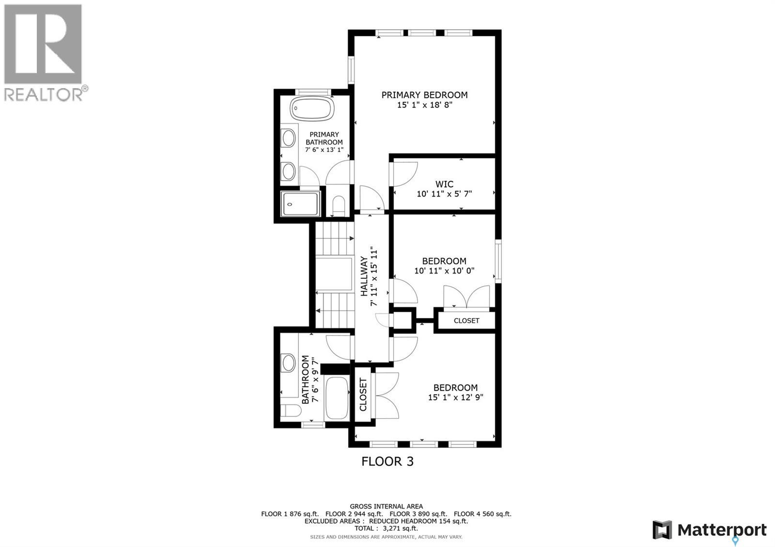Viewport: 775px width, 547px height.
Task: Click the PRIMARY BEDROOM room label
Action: coord(424,95)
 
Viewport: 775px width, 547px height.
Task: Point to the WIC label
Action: coord(444,184)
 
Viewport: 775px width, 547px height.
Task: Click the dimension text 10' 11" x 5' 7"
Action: coord(444,194)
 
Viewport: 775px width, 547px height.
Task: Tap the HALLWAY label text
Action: coord(364,276)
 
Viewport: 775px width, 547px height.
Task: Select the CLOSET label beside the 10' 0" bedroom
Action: coord(466,320)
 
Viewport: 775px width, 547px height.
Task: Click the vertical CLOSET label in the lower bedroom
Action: coord(363,395)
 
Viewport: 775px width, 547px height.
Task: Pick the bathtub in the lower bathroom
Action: coord(337,398)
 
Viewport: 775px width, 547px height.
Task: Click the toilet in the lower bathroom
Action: coord(292,410)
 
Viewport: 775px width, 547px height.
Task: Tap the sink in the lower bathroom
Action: coord(289,363)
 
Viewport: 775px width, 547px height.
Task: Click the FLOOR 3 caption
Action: coord(387,461)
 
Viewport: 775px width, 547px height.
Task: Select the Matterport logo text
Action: coord(722,530)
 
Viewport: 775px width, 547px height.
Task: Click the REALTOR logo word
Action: coord(44,94)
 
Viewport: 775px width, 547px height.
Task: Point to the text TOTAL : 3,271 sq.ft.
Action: coord(386,529)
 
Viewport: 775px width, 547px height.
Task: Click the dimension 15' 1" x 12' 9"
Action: coord(455,397)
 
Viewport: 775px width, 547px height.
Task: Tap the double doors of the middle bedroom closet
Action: coord(467,296)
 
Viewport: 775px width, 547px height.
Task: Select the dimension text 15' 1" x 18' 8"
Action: coord(424,105)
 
